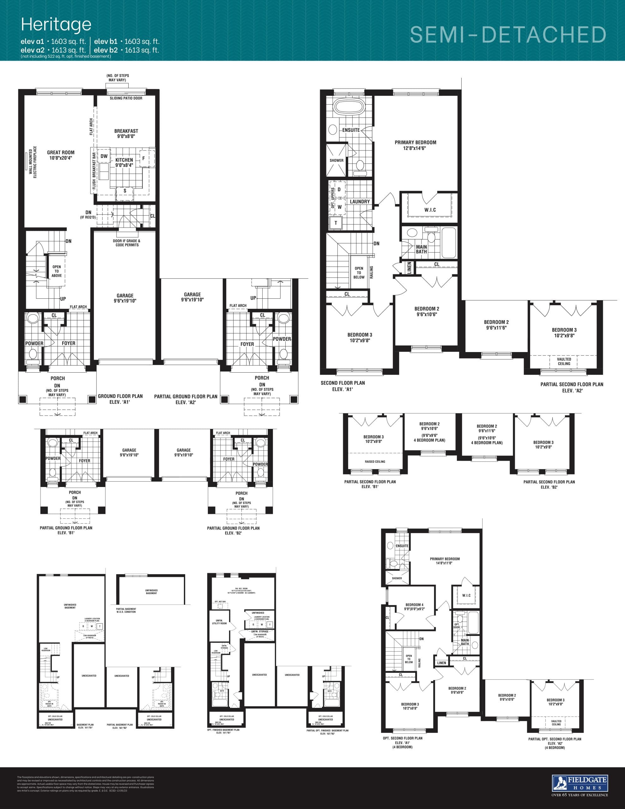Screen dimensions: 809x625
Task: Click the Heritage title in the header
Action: coord(56,24)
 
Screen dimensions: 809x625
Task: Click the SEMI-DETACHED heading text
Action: coord(508,35)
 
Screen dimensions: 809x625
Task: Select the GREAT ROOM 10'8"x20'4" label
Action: coord(60,155)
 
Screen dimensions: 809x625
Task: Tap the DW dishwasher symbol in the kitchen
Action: coord(104,156)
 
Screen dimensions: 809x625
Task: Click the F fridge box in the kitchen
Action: coord(143,158)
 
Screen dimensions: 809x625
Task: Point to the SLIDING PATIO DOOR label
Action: coord(126,98)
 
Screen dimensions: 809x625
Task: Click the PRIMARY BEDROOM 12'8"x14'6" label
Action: coord(415,145)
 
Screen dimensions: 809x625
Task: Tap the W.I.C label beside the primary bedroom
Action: coord(430,210)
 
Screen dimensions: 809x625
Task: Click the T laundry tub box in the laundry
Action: coord(336,223)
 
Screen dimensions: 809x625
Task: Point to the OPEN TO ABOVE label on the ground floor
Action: coord(57,271)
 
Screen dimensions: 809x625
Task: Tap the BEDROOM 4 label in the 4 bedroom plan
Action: coord(414,606)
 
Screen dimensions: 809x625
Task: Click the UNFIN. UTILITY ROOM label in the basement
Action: coord(219,622)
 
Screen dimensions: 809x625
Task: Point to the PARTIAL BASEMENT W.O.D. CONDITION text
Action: coord(126,610)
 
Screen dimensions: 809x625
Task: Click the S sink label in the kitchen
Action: coord(125,191)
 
